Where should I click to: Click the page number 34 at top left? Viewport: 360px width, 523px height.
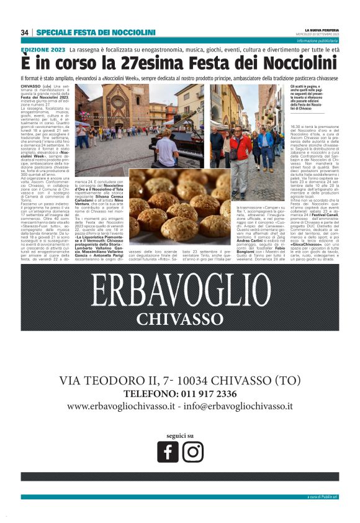[25, 32]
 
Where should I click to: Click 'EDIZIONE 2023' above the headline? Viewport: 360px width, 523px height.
[43, 49]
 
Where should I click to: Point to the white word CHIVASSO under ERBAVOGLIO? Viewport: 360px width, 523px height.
[179, 319]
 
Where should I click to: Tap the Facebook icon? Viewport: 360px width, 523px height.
[168, 452]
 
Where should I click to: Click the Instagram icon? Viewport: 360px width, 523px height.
[192, 452]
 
